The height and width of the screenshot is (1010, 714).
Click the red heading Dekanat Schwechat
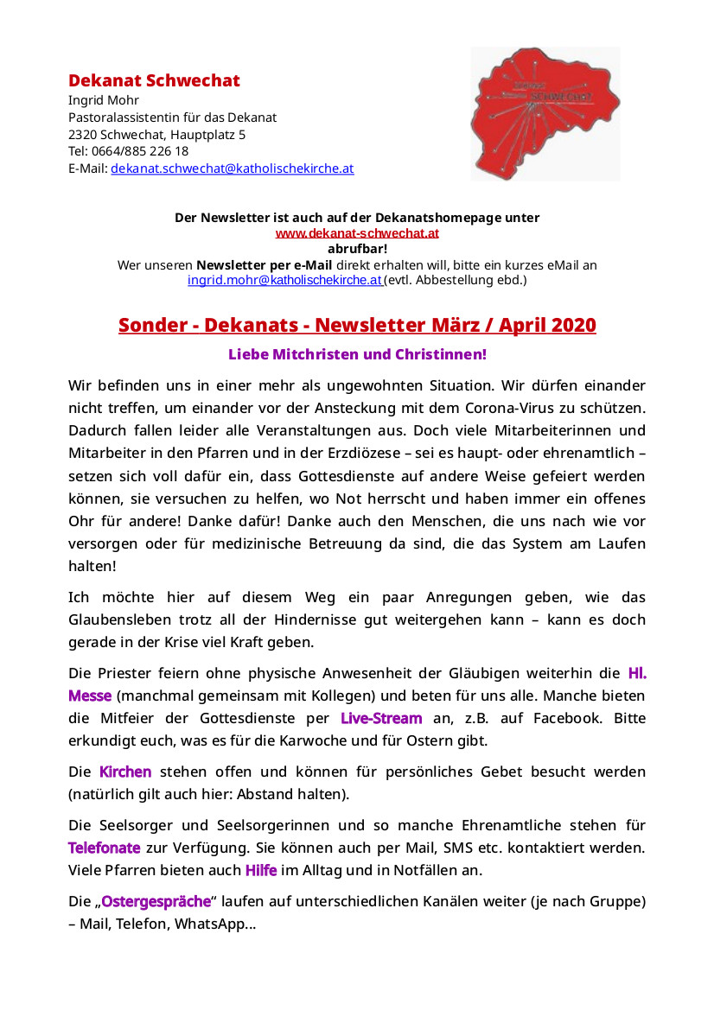pos(154,81)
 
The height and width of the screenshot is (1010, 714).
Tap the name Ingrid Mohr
pos(98,100)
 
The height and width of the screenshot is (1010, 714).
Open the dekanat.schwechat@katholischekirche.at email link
pos(232,168)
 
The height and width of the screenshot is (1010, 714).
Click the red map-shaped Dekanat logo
pos(545,112)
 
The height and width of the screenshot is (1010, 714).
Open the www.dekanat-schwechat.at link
pos(357,233)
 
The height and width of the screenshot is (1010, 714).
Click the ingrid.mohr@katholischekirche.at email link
pos(285,280)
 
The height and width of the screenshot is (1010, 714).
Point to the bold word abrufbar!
pos(357,249)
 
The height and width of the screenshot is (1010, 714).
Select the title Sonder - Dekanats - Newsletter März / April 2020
pos(357,326)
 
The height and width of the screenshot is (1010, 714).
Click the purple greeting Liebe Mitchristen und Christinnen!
pos(357,354)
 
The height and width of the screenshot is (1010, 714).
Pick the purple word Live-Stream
pos(381,718)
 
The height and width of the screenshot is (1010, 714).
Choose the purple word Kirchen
pos(125,772)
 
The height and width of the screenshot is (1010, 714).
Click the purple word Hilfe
pos(261,870)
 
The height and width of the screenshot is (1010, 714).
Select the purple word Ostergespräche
pos(156,902)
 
